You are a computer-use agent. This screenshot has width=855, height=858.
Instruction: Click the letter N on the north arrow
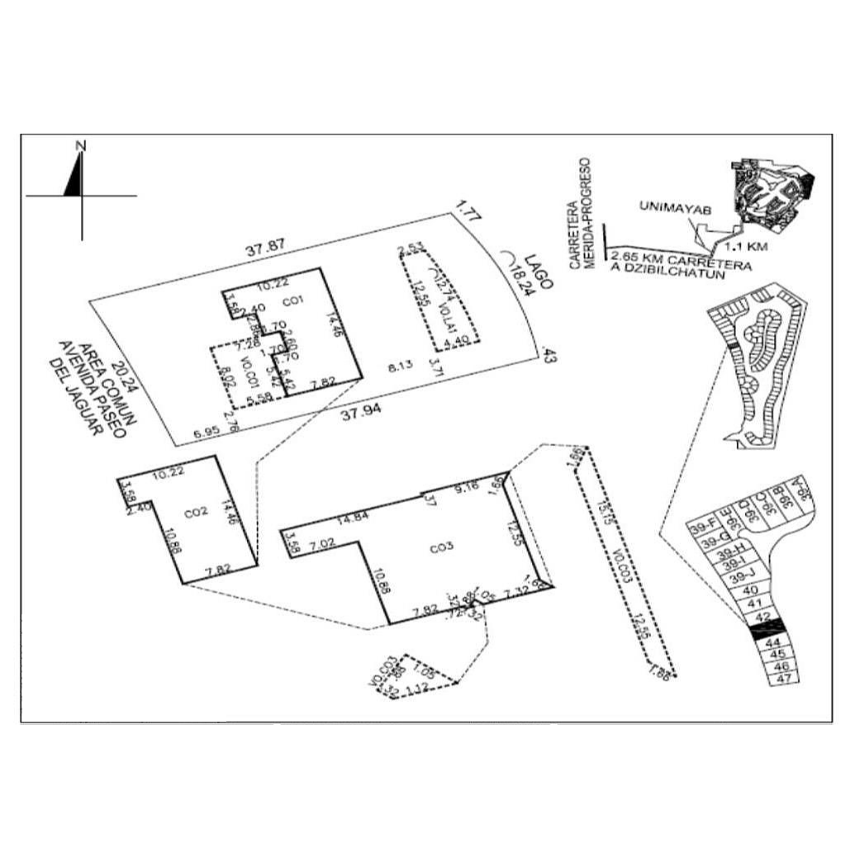coord(81,146)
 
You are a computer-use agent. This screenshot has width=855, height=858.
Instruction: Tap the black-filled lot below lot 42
coord(764,631)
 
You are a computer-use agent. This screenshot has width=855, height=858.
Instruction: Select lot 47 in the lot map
coord(786,679)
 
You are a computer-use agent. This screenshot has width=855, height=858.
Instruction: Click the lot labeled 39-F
coord(703,527)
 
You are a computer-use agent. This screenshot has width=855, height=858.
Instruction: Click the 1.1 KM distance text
coord(746,246)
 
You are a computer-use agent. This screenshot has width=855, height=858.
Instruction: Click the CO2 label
coord(195,513)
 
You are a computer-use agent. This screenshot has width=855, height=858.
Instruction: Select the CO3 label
coord(438,547)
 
